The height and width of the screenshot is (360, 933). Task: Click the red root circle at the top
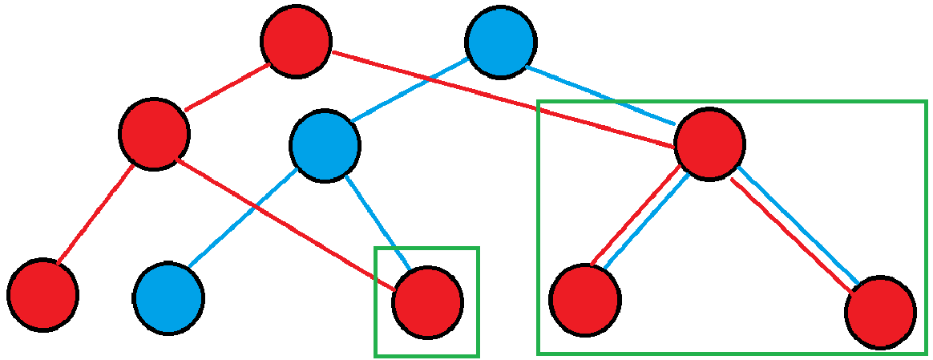(296, 41)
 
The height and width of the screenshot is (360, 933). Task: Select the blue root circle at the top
(501, 42)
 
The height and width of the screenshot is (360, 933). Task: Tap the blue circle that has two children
(325, 146)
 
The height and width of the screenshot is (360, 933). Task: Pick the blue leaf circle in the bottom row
(168, 297)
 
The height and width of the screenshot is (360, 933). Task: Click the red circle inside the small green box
(427, 302)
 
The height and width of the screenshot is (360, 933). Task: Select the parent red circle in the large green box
(709, 144)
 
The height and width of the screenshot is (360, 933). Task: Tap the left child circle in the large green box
(584, 300)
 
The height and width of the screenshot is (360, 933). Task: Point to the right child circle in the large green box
(880, 312)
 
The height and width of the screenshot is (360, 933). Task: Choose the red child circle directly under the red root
(154, 134)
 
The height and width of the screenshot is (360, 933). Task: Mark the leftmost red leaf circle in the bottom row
(43, 294)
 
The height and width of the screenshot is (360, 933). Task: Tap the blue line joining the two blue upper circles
(409, 89)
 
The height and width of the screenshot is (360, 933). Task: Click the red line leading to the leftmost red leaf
(95, 214)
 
